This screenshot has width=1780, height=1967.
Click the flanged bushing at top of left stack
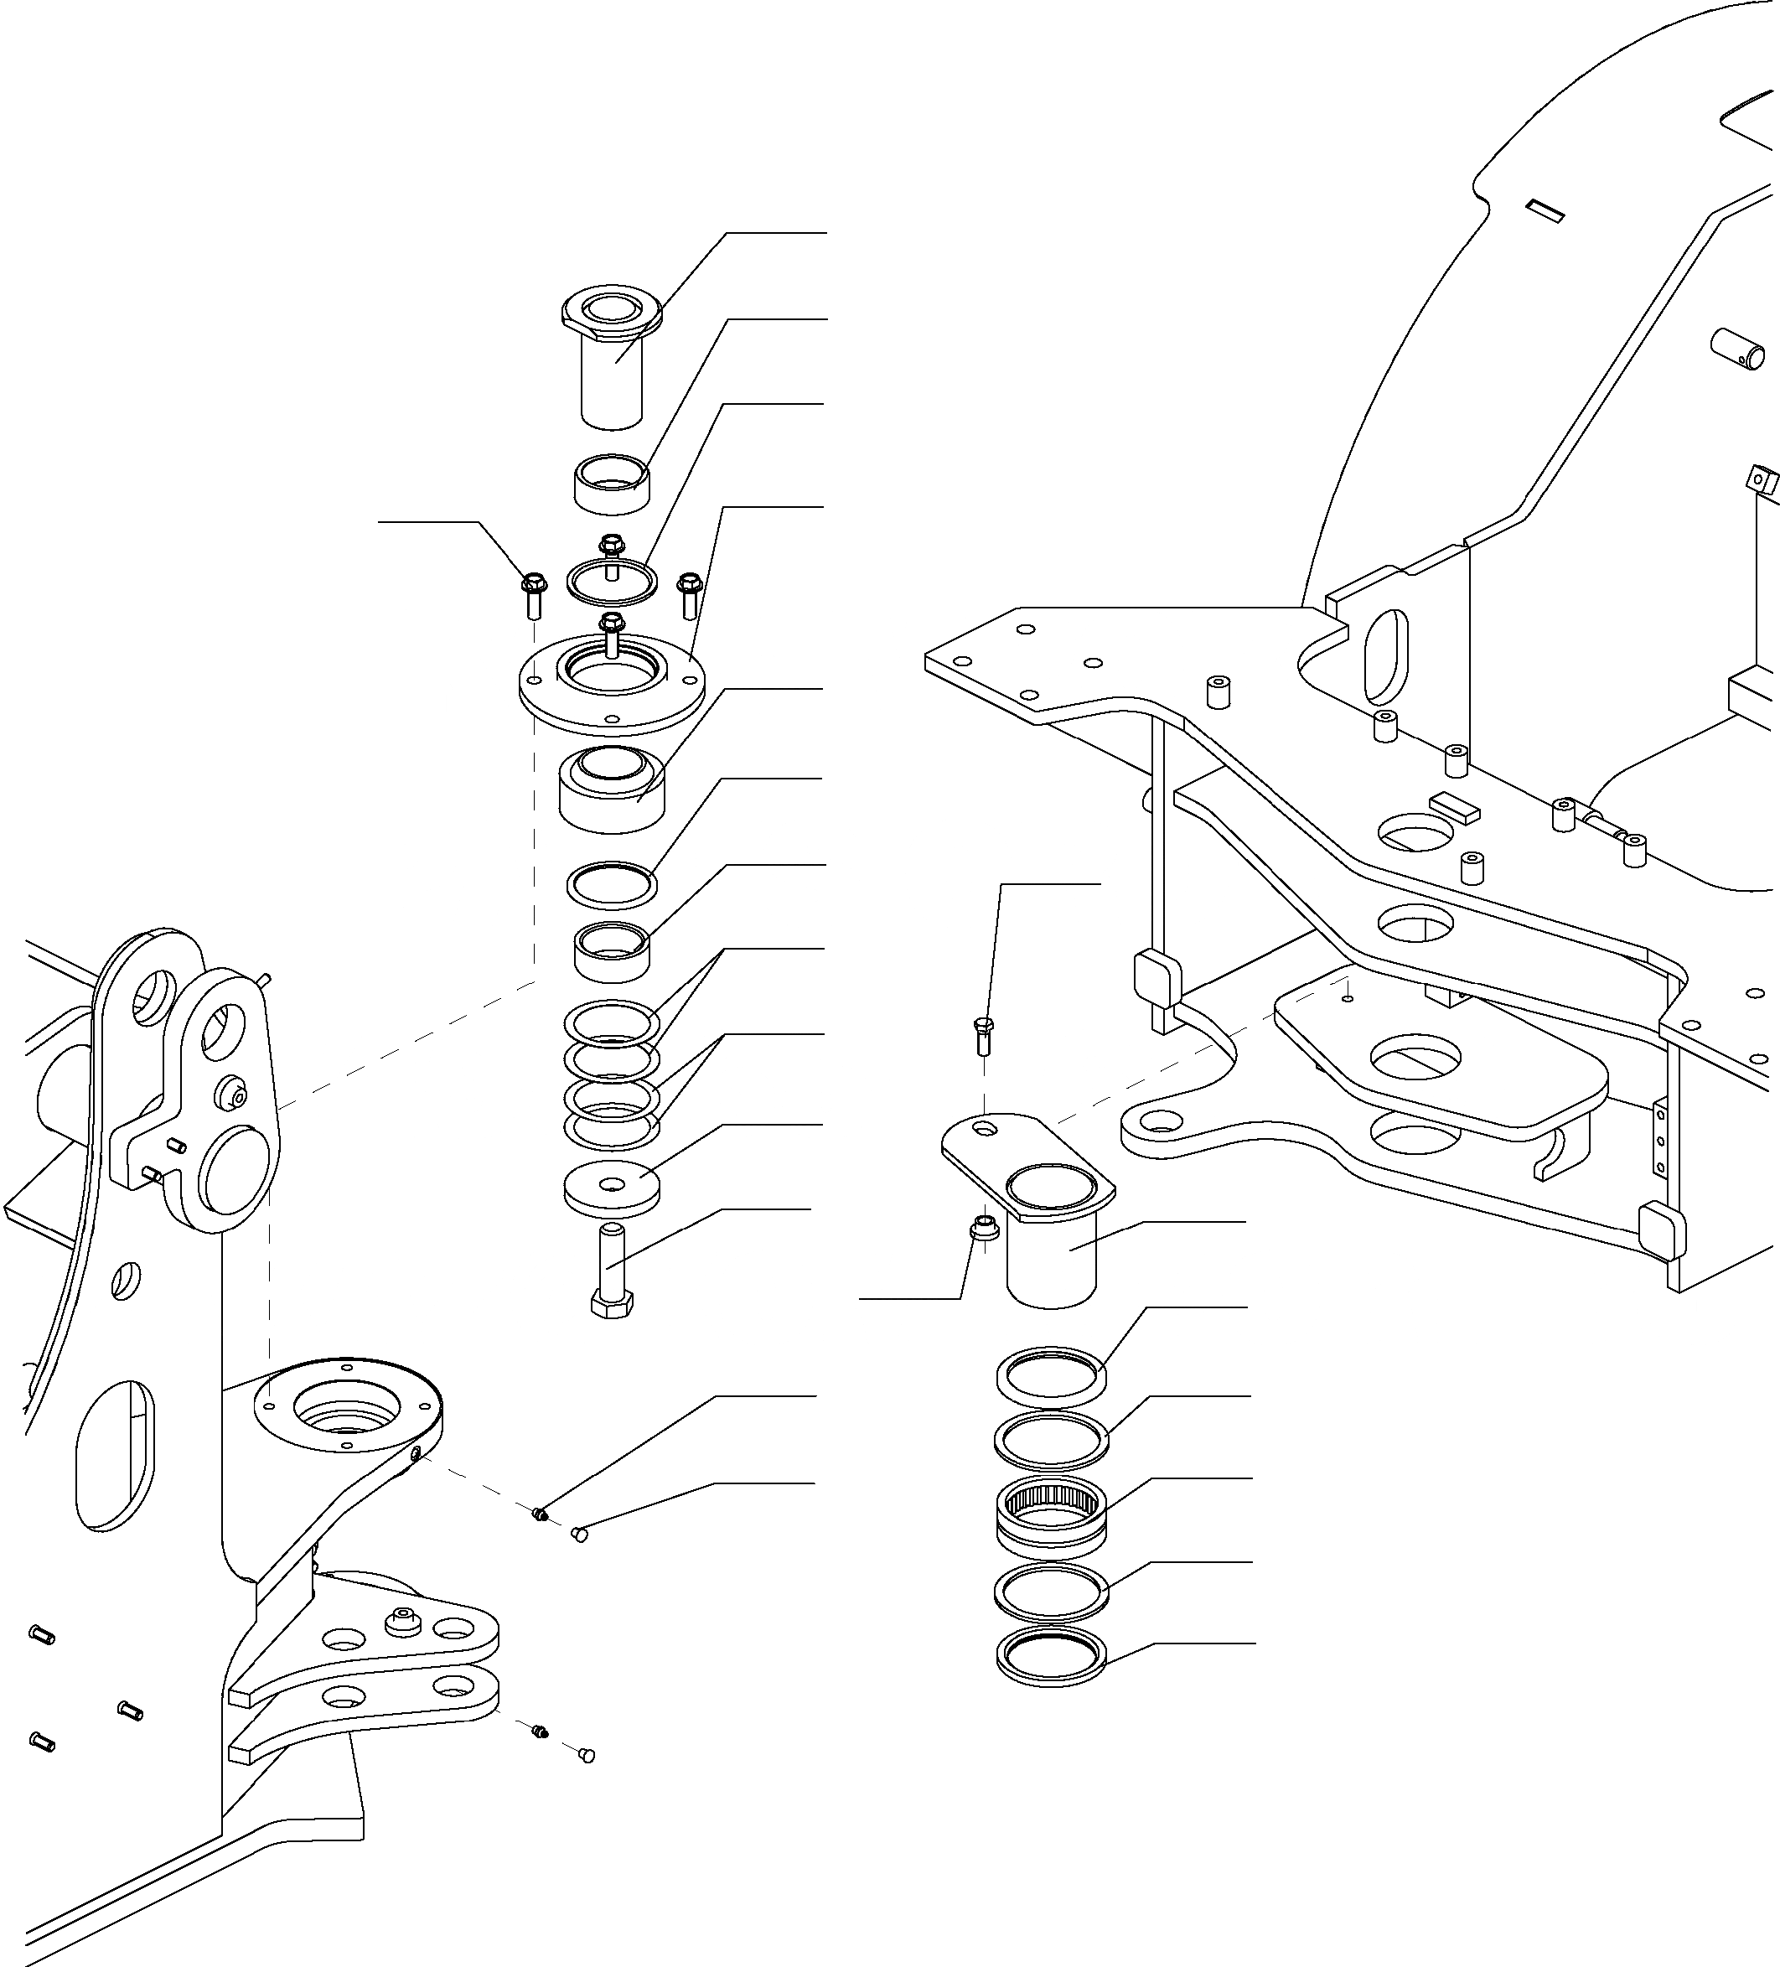tap(612, 356)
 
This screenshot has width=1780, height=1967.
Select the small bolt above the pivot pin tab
tap(984, 1035)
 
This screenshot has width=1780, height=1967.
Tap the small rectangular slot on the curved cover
tap(1546, 210)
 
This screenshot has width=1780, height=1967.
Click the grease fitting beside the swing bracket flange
tap(540, 1514)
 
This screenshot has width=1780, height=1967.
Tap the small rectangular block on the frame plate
tap(1455, 806)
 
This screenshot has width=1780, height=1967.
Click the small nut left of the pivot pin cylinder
tap(983, 1230)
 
